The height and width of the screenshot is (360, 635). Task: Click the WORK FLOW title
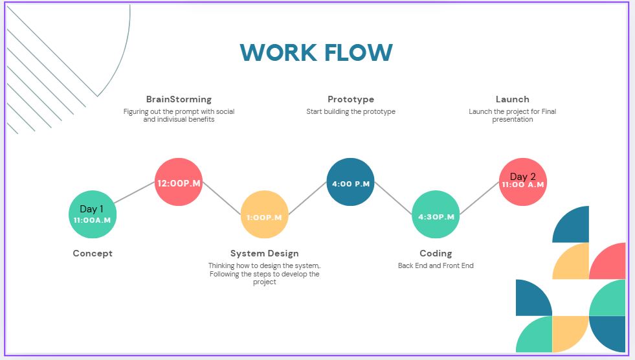coord(317,52)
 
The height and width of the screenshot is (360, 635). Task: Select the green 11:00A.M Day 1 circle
coord(93,214)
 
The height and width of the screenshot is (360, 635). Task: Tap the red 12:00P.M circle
coord(179,182)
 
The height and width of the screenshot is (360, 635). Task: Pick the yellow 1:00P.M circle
coord(265,214)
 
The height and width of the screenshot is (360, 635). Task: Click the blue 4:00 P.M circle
coord(350,182)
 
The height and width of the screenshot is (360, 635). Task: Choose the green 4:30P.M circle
coord(436,214)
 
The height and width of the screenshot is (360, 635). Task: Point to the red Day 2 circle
coord(523,182)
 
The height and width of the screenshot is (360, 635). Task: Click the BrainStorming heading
coord(179,99)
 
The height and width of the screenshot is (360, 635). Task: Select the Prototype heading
coord(351,99)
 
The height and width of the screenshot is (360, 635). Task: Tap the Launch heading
coord(512,99)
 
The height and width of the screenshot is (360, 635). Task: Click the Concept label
coord(93,254)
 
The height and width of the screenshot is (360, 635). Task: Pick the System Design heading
coord(265,254)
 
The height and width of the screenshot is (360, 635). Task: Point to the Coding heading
coord(436,254)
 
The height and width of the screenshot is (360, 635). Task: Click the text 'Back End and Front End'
coord(436,265)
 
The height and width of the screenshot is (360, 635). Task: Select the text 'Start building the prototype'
coord(351,111)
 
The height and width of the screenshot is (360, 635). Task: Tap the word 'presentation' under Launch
coord(512,119)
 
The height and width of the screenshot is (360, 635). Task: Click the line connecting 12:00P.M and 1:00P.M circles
coord(221,198)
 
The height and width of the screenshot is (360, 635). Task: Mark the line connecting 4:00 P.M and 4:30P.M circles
coord(393,198)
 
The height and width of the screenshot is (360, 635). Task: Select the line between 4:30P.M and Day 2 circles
coord(480,198)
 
